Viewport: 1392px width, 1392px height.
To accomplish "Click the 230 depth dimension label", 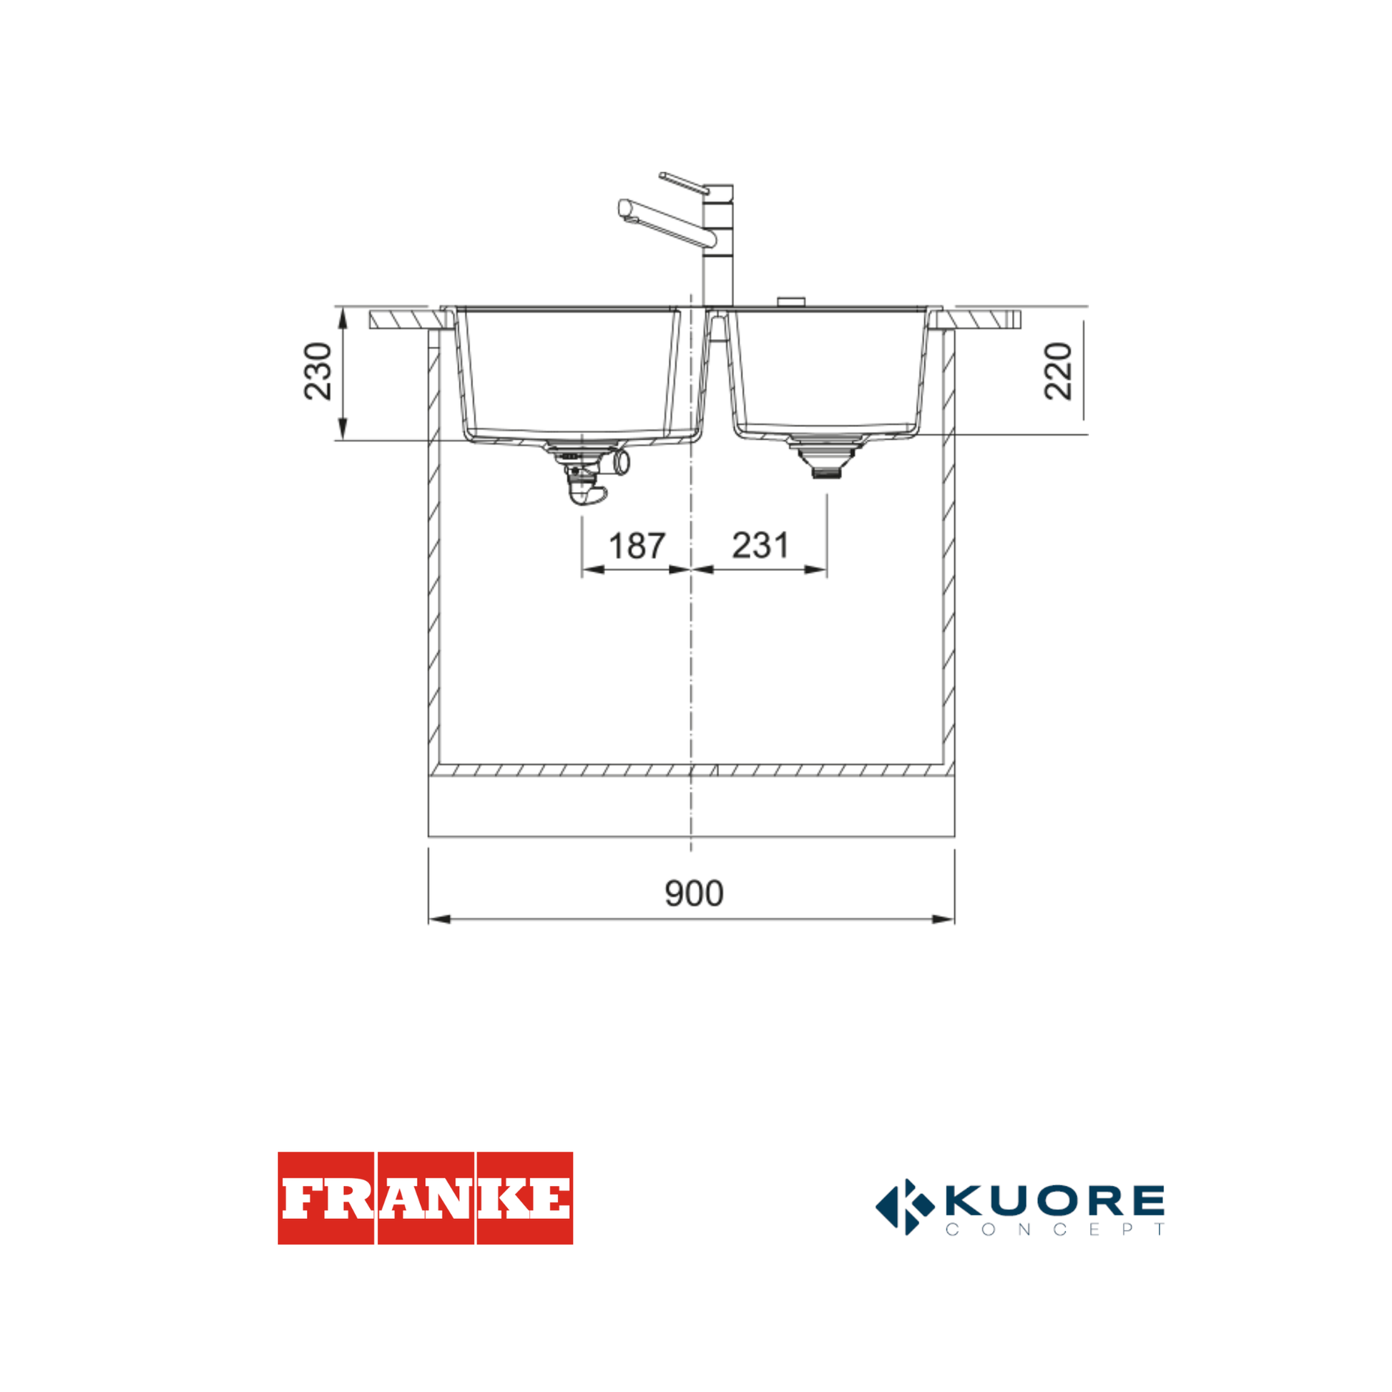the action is pos(318,372).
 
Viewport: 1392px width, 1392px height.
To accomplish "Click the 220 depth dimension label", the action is pos(1059,372).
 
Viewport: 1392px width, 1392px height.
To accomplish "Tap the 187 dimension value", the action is pos(637,545).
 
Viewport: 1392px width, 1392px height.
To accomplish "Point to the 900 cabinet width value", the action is pos(694,893).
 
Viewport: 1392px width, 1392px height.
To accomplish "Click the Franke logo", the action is pos(425,1198).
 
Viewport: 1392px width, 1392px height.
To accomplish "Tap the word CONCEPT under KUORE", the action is pos(1055,1230).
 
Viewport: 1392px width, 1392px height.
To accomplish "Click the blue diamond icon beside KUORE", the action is pos(904,1207).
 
